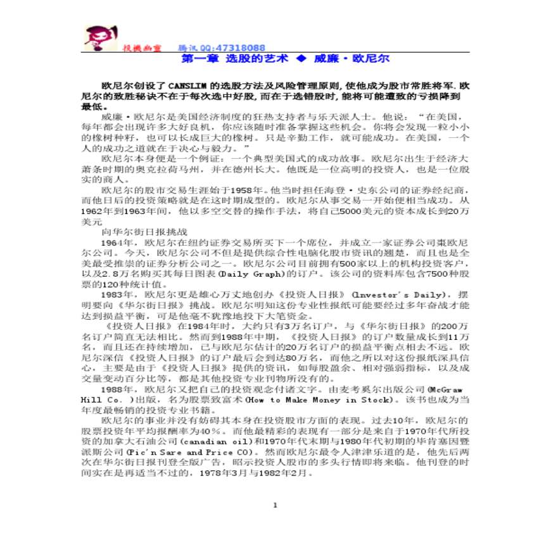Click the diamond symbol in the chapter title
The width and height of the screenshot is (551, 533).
point(301,58)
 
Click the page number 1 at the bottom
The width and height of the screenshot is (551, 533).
point(275,505)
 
